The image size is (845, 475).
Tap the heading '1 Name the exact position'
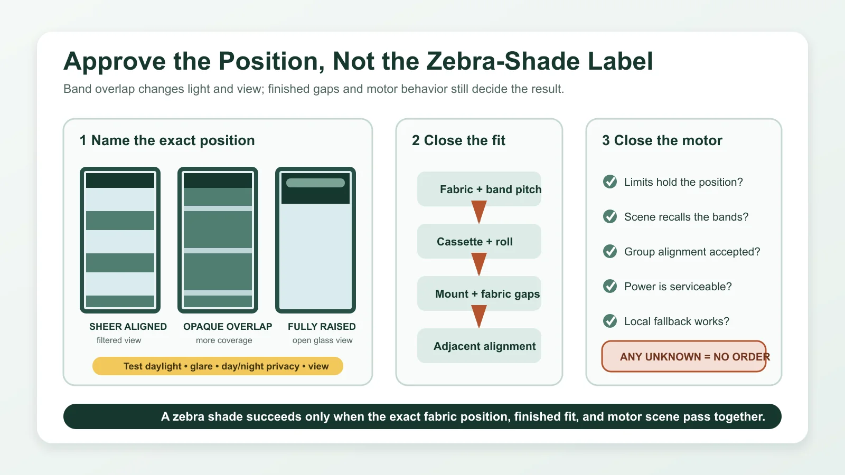(x=167, y=140)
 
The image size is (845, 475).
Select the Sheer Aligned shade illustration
(x=120, y=240)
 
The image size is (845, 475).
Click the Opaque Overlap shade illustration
(x=218, y=240)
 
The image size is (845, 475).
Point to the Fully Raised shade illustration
(x=315, y=240)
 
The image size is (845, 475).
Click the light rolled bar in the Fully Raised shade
(x=315, y=183)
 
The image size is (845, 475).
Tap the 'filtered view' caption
(x=119, y=340)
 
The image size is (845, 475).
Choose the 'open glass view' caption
(x=323, y=340)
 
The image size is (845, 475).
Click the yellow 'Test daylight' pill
(x=218, y=366)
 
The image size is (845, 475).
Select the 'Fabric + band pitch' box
(x=479, y=189)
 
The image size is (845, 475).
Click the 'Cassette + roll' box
(x=479, y=241)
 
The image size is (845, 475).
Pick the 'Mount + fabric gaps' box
(x=479, y=293)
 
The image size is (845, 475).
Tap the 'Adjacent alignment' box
(x=479, y=346)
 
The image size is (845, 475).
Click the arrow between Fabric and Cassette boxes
(x=479, y=212)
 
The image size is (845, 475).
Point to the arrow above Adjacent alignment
(x=479, y=317)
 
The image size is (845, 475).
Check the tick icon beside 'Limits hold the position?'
(x=609, y=182)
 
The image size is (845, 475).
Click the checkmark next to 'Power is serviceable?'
(x=609, y=286)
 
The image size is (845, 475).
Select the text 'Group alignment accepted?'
(x=692, y=251)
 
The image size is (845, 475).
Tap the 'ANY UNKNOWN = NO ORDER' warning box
(x=684, y=356)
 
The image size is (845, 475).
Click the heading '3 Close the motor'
(x=662, y=140)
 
